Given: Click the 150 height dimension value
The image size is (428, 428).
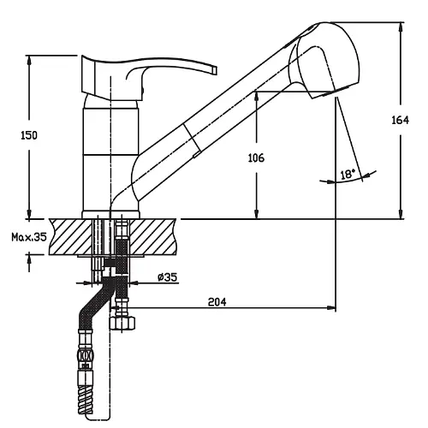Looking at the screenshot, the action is click(29, 135).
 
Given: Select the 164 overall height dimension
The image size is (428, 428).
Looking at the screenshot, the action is click(400, 120).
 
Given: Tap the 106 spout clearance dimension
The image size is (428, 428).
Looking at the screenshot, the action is click(256, 158).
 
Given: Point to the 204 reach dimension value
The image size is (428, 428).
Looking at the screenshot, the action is click(217, 301).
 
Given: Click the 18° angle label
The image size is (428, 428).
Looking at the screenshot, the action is click(348, 174).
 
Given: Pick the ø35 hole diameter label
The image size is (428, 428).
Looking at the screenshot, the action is click(168, 276).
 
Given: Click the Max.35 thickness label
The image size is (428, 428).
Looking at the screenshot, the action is click(29, 237).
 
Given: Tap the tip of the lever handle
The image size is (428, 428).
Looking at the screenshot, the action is click(215, 70).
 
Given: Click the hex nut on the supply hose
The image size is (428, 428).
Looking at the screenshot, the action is click(122, 324).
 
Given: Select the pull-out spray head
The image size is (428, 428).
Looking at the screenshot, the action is click(325, 60).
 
